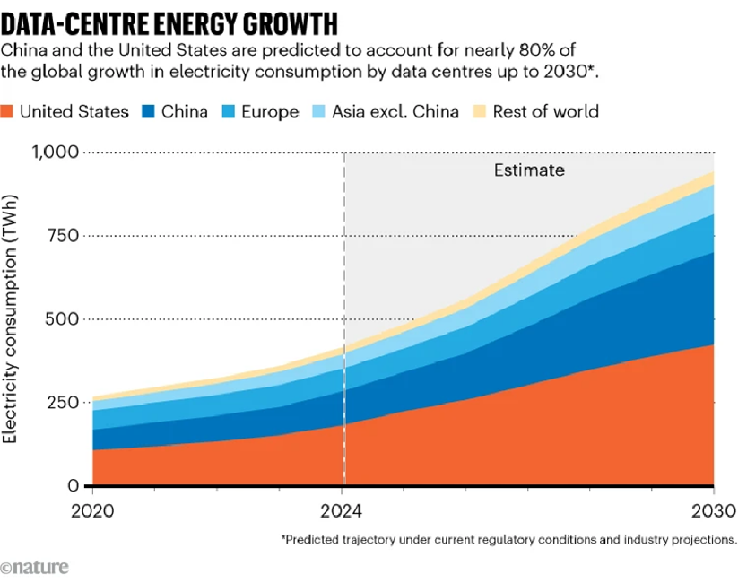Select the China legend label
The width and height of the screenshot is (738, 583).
click(x=184, y=112)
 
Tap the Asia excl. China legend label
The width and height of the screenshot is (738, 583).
click(x=395, y=112)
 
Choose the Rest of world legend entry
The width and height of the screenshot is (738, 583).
click(x=546, y=112)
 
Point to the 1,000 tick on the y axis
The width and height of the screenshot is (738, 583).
click(x=56, y=152)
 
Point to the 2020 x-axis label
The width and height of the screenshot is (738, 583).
click(x=91, y=513)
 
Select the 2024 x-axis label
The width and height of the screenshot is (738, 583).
click(x=344, y=513)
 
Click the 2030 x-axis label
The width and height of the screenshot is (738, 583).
click(x=714, y=513)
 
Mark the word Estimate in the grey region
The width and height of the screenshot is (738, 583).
click(x=530, y=170)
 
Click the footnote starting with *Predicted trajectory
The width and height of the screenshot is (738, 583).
click(x=508, y=540)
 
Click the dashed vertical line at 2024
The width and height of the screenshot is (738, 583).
click(x=344, y=269)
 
